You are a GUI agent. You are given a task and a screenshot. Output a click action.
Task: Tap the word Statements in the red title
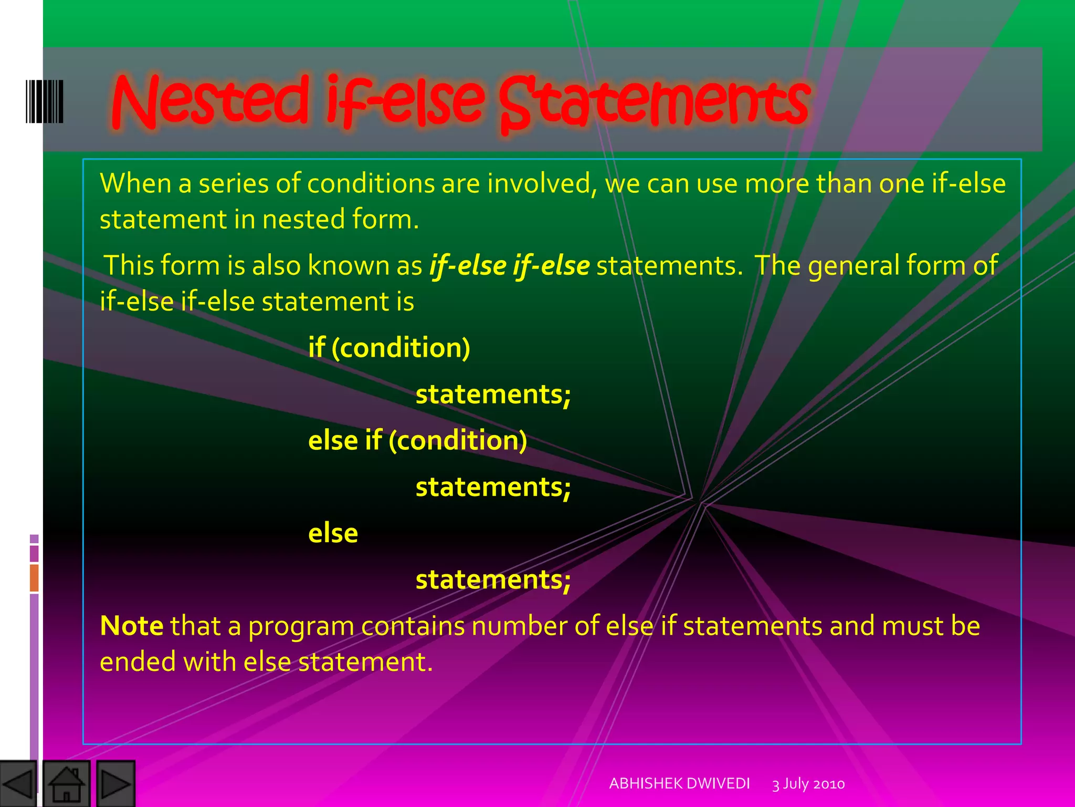654,102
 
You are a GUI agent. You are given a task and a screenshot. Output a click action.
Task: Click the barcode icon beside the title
45,101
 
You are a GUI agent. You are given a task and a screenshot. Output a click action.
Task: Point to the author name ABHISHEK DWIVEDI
679,783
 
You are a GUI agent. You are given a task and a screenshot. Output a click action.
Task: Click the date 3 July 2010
808,784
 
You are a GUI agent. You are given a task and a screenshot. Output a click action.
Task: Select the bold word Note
131,626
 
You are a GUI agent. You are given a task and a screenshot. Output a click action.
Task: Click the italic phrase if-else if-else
509,265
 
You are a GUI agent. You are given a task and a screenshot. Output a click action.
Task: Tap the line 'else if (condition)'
417,440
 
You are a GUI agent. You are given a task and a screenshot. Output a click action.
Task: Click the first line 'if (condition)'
389,348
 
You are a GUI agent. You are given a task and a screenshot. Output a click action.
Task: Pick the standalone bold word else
333,533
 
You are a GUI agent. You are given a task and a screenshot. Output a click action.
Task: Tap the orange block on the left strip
34,577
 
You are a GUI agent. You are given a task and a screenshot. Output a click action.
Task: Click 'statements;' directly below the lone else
493,580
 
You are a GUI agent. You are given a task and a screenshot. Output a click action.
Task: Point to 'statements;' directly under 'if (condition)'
493,394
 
